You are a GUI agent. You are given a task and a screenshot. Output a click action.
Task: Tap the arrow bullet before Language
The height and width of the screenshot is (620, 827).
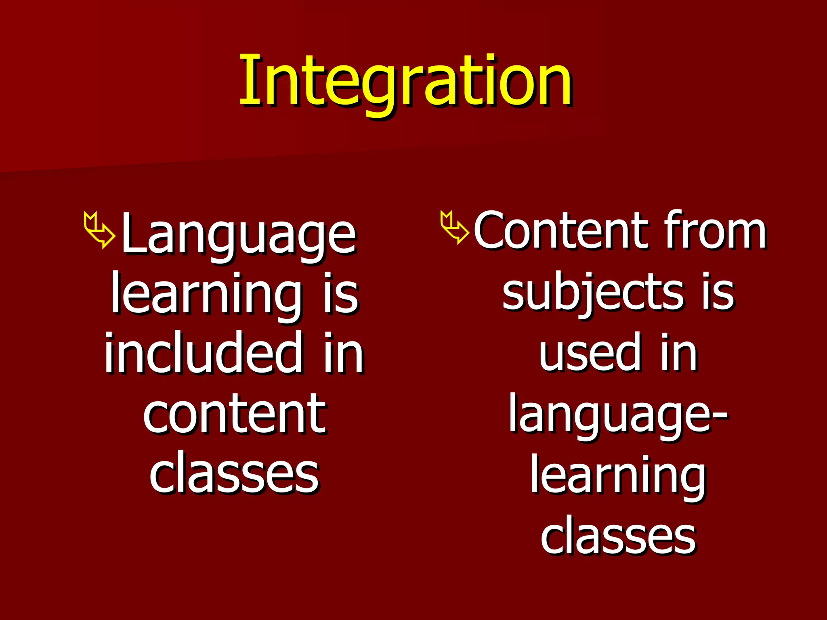(99, 230)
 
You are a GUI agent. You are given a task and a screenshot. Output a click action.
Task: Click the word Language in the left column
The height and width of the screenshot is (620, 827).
(238, 236)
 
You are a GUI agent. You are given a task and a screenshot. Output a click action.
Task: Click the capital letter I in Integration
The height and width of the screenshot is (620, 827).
(246, 81)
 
